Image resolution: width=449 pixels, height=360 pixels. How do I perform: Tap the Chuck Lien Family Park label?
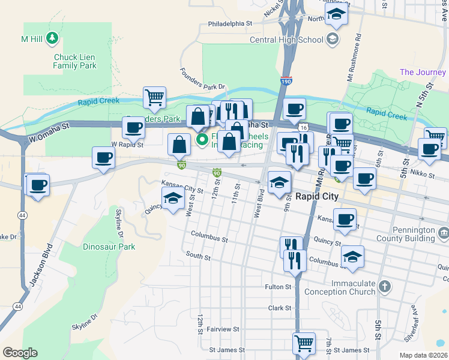coord(75,61)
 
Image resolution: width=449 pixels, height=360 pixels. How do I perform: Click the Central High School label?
coord(286,40)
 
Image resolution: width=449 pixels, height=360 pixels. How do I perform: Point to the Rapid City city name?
coord(318,196)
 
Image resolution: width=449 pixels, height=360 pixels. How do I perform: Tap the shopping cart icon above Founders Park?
coord(154,98)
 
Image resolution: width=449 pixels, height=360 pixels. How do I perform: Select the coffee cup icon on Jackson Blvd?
coord(37,184)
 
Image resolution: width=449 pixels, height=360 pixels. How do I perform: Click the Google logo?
coord(20,353)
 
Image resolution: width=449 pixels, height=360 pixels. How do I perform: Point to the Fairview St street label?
coord(223,329)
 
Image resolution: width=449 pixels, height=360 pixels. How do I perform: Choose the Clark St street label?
coord(279,308)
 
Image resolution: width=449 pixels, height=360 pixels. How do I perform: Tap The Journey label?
coord(423,73)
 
